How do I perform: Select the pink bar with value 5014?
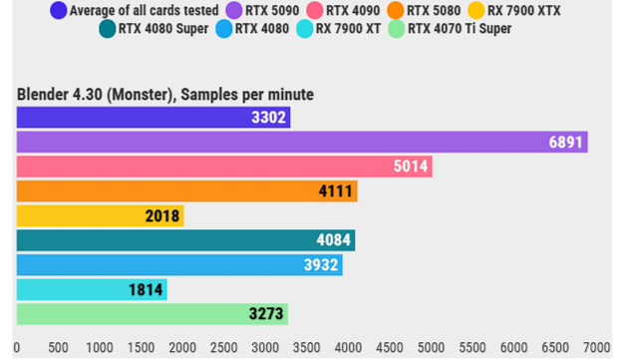(224, 167)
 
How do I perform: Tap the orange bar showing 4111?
(186, 191)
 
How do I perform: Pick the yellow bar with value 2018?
(100, 215)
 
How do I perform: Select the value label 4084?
(333, 240)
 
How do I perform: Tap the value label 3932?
(321, 265)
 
